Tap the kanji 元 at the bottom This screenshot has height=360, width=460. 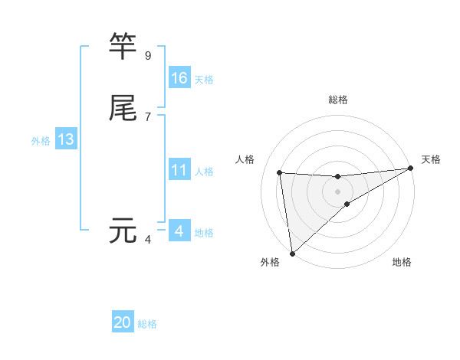(123, 230)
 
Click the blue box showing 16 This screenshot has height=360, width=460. (179, 78)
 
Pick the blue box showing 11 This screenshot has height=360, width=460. (179, 170)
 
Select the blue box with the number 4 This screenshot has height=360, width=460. (179, 231)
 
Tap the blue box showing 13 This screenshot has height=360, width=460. (66, 139)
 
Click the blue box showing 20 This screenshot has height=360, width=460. (123, 322)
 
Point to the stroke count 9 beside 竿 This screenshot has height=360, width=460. (148, 56)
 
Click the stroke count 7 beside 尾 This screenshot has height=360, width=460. (148, 117)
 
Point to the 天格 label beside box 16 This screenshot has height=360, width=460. (204, 80)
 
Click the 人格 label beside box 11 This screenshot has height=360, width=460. (204, 172)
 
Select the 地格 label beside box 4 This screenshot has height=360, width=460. (204, 233)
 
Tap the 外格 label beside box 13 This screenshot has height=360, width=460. (41, 141)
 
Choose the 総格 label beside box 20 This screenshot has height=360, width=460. (147, 324)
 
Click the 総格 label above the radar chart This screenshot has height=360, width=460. (338, 100)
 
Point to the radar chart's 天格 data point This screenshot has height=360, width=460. (410, 169)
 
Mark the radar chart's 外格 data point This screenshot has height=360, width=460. (292, 253)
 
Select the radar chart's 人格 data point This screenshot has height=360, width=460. (280, 172)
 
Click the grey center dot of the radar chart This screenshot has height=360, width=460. (338, 191)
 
